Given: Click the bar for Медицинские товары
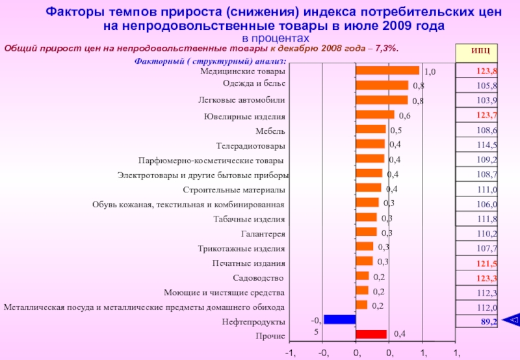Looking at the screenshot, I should coord(387,70).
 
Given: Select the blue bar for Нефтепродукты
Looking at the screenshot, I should coord(339,319).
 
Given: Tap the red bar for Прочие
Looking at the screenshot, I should coord(371,334).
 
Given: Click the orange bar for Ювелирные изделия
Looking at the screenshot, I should coord(375,114).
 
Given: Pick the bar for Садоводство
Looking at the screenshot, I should coord(362,276).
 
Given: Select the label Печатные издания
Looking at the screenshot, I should coord(248,263).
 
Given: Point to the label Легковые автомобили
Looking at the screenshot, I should coord(241,100).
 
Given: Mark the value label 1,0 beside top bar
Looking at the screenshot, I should coord(430,71).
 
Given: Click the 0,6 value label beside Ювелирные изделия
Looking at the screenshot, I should coord(404,116).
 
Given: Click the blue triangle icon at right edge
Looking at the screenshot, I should coord(513,319).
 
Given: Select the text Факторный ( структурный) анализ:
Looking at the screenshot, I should coord(210,61).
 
